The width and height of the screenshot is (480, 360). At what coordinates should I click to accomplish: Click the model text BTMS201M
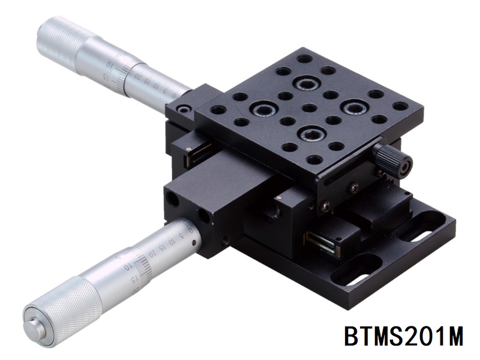[403, 337]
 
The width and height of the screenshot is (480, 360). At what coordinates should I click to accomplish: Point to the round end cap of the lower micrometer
[34, 324]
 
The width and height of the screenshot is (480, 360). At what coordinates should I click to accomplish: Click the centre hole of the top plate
[310, 108]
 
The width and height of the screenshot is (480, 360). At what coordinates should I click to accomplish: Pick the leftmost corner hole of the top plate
[218, 110]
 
